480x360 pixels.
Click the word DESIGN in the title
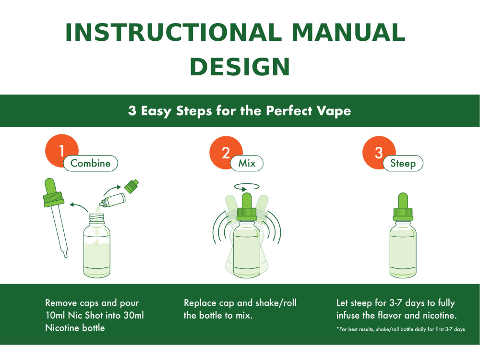[x=240, y=67]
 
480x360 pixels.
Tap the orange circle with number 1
[x=60, y=150]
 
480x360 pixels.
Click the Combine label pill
[x=90, y=163]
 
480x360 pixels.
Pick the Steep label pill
[x=403, y=163]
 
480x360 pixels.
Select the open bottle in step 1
[x=99, y=247]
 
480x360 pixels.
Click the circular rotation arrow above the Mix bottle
[x=246, y=186]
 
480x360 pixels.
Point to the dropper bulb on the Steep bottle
[x=403, y=201]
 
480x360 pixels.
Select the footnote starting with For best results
[x=400, y=329]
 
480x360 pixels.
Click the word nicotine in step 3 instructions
[x=436, y=315]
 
